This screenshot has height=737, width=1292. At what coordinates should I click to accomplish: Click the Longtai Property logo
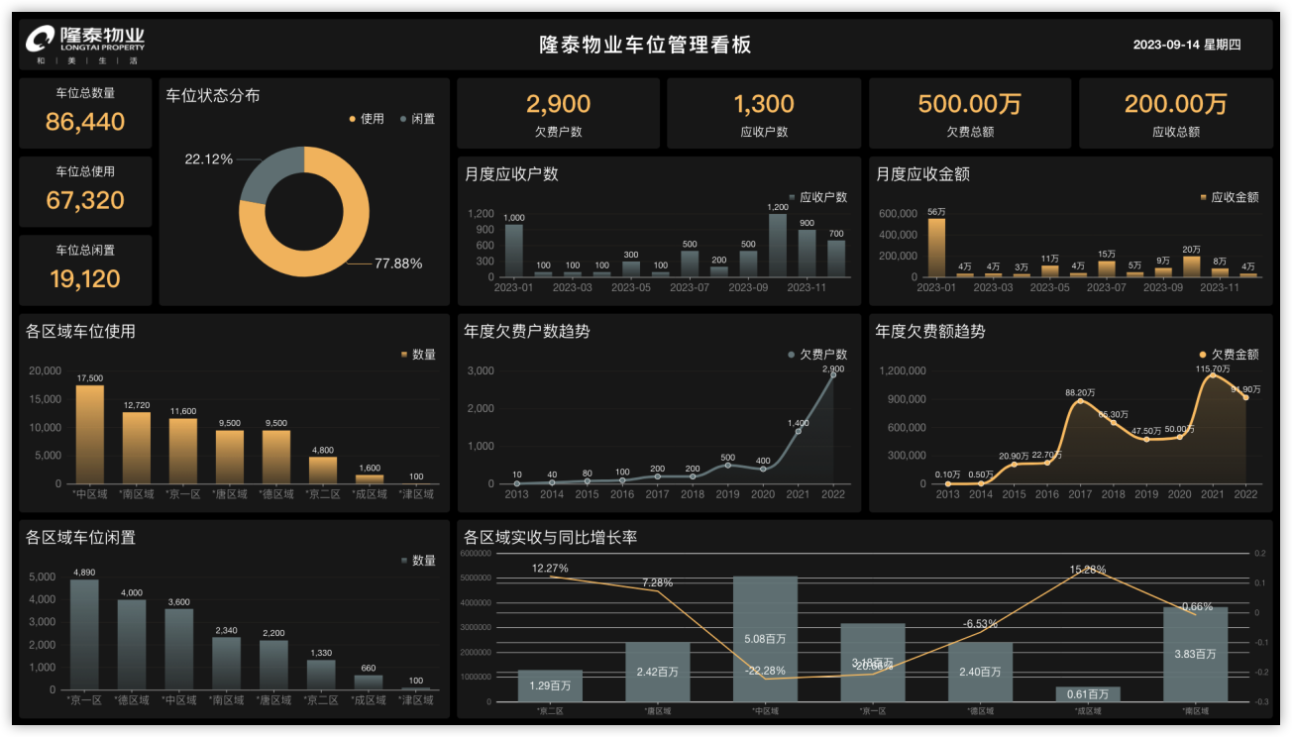point(85,44)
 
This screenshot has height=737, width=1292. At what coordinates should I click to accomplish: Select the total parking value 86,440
point(85,122)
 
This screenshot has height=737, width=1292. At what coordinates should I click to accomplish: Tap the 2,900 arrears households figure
point(558,104)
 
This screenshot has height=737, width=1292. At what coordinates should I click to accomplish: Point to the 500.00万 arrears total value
point(969,104)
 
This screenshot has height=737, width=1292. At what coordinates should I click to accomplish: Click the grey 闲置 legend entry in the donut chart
point(417,119)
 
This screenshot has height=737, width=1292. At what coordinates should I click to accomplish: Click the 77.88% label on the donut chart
point(398,263)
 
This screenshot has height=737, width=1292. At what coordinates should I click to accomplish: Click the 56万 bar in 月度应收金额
point(936,248)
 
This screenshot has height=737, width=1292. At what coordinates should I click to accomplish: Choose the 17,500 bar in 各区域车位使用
point(90,434)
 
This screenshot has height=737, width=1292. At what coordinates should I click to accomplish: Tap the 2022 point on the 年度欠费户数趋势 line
point(832,374)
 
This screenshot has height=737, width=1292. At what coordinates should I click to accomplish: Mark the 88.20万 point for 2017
point(1080,401)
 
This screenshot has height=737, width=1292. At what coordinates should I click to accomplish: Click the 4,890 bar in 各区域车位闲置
point(84,634)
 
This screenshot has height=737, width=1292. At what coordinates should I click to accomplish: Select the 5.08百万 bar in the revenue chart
point(765,639)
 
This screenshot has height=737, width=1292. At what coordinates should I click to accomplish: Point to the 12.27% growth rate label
point(550,569)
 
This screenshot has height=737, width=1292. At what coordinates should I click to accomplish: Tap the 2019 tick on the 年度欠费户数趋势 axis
point(727,493)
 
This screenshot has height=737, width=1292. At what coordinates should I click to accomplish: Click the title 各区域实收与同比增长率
point(550,538)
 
